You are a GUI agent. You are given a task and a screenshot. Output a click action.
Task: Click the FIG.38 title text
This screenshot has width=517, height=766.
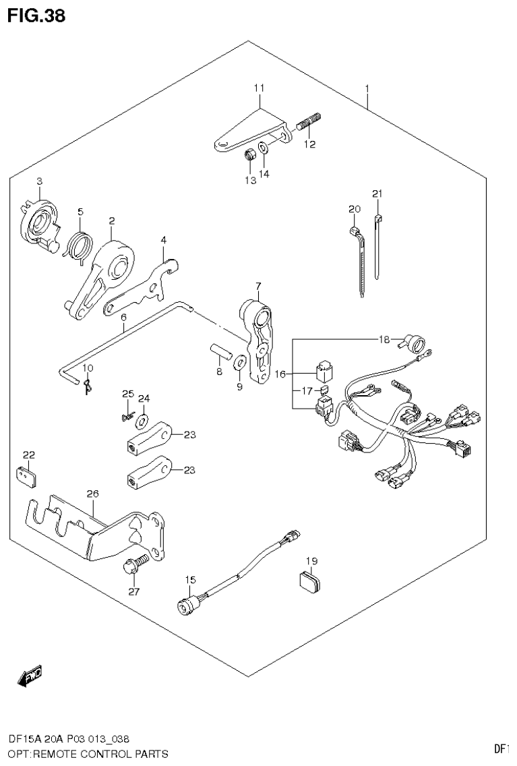pyautogui.click(x=36, y=16)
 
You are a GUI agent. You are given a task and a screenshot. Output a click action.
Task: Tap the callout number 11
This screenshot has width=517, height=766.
pyautogui.click(x=260, y=88)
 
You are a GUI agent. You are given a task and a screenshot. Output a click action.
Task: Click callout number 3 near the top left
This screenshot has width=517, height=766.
pyautogui.click(x=39, y=181)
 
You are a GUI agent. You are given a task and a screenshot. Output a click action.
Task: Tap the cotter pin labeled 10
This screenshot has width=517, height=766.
pyautogui.click(x=86, y=386)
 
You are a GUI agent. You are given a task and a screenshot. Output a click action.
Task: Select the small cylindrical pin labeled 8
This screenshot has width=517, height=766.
pyautogui.click(x=218, y=353)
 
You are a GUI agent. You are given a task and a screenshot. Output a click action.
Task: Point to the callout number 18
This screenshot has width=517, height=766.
pyautogui.click(x=384, y=339)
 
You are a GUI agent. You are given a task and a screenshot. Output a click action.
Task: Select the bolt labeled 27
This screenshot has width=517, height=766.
pyautogui.click(x=132, y=566)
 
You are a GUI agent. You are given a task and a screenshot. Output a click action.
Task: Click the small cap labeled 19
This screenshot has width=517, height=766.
pyautogui.click(x=310, y=579)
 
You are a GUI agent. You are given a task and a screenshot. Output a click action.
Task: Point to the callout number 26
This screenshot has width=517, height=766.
pyautogui.click(x=92, y=494)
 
